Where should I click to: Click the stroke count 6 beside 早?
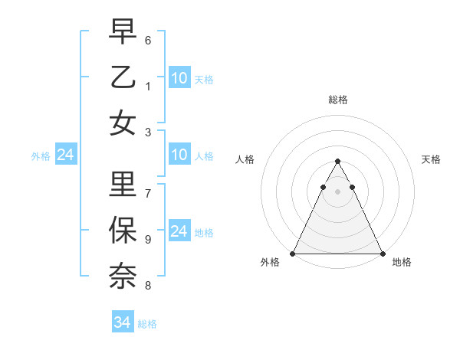click(148, 40)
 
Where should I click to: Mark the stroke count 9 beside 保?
click(148, 239)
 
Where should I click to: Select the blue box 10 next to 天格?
click(179, 77)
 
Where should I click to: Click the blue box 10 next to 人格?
click(179, 155)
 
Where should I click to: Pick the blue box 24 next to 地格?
click(179, 231)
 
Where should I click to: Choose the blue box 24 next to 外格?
click(65, 155)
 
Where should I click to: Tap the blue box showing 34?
click(123, 322)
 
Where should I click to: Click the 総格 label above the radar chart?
click(337, 100)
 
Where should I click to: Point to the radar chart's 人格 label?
click(245, 159)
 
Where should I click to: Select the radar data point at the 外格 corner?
click(293, 254)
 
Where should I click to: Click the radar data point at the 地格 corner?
click(382, 254)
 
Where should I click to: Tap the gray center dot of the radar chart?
click(337, 191)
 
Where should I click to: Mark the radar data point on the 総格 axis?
click(337, 162)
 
